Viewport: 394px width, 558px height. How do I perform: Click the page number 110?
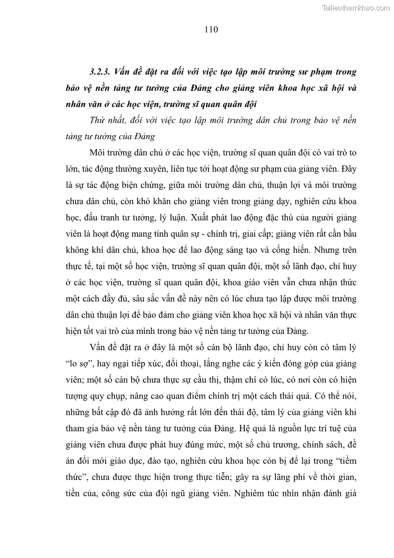pyautogui.click(x=211, y=29)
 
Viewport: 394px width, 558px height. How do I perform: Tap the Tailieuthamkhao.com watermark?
pyautogui.click(x=356, y=8)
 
